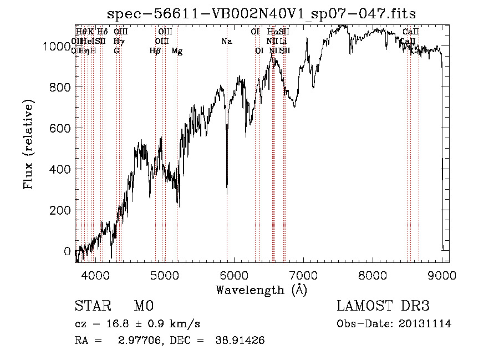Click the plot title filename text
coord(262,13)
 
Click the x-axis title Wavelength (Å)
coord(261,290)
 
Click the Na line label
coord(226,41)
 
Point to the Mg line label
coord(177,51)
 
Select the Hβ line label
coord(155,51)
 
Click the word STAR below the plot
coord(91,306)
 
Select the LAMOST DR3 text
coord(383,306)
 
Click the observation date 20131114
coord(427,324)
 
